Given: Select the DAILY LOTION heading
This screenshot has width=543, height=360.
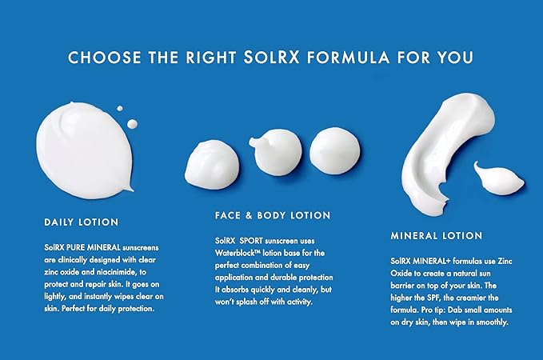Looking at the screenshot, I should click(x=81, y=221).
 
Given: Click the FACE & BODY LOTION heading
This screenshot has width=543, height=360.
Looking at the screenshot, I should click(x=273, y=215).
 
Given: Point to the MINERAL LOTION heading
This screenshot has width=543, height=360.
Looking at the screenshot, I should click(x=436, y=236).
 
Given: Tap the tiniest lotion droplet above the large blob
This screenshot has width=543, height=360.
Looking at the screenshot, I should click(x=120, y=109).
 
